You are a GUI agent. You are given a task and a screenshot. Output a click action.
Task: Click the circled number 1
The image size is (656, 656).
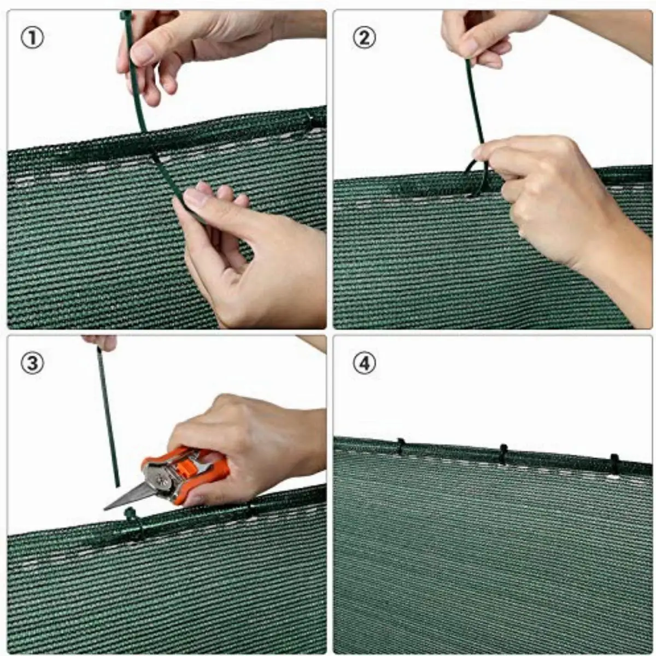click(x=33, y=38)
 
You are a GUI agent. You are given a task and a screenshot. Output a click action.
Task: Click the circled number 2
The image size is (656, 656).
click(x=364, y=38)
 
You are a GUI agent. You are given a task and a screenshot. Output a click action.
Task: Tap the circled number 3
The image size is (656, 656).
click(x=33, y=363)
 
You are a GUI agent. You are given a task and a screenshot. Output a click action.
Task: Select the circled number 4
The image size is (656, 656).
click(x=364, y=363)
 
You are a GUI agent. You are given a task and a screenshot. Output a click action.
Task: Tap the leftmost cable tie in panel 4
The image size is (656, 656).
click(x=401, y=447)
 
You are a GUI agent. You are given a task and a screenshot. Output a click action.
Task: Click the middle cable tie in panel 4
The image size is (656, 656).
click(x=503, y=454)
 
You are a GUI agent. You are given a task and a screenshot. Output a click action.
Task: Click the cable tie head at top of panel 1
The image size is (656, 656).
click(x=125, y=15)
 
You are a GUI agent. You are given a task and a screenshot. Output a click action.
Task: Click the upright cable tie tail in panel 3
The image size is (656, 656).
click(x=108, y=417)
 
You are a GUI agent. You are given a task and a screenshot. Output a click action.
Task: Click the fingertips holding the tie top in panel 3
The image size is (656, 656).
click(x=99, y=342)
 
